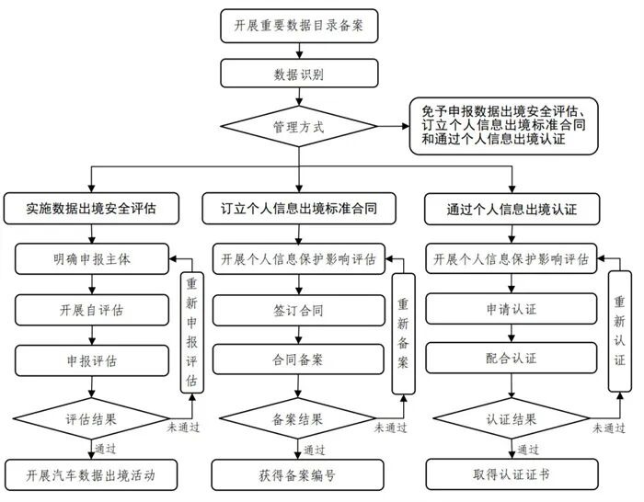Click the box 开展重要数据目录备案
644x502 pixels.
(298, 25)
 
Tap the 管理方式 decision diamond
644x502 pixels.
(299, 127)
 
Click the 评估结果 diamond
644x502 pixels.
(91, 418)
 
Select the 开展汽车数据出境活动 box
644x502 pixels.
(91, 475)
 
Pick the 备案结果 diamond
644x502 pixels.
(299, 418)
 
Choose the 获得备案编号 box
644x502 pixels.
(299, 475)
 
